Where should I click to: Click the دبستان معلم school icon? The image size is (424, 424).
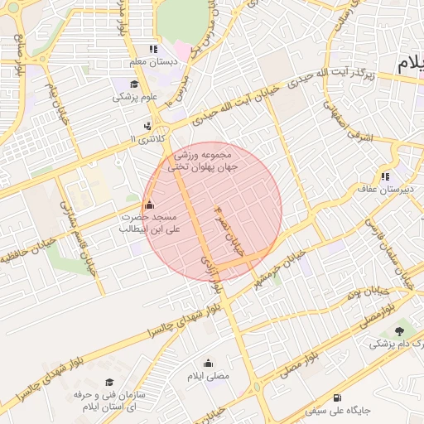pyautogui.click(x=152, y=49)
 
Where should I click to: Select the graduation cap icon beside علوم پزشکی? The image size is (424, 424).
pyautogui.click(x=133, y=84)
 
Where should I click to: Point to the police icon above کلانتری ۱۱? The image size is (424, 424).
pyautogui.click(x=147, y=127)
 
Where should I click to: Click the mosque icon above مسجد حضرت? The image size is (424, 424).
pyautogui.click(x=149, y=205)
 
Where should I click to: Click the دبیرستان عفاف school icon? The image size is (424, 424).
pyautogui.click(x=384, y=176)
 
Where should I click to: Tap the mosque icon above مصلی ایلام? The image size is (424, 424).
pyautogui.click(x=207, y=363)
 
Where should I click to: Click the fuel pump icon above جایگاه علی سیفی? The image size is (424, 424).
pyautogui.click(x=336, y=397)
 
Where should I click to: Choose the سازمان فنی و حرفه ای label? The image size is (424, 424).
pyautogui.click(x=109, y=401)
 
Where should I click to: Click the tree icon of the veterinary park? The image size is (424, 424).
pyautogui.click(x=401, y=330)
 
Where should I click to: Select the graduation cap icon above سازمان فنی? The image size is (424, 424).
pyautogui.click(x=108, y=382)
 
